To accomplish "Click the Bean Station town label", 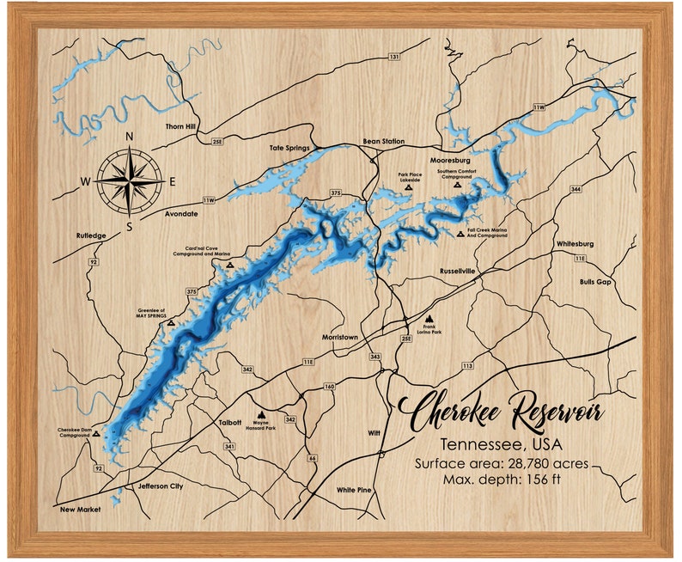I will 384,141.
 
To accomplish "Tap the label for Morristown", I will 339,338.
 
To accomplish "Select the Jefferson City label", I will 155,486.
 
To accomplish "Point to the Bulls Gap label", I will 595,282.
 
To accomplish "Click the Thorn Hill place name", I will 182,126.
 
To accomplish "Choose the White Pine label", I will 354,490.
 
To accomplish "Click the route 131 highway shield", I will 394,57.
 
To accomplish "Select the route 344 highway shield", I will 575,188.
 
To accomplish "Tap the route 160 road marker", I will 329,387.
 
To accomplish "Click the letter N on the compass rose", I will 130,137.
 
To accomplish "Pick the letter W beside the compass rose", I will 85,180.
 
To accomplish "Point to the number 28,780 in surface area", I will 531,463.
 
